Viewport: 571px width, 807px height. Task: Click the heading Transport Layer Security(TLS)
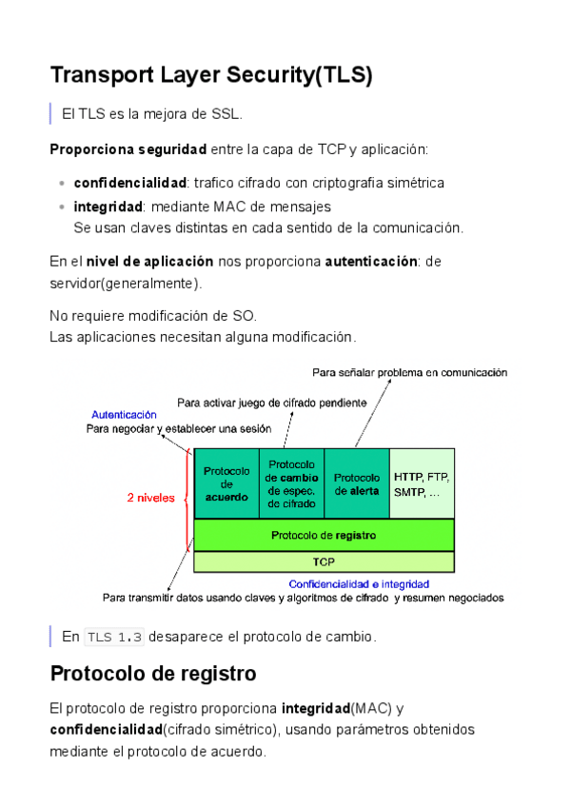coord(210,75)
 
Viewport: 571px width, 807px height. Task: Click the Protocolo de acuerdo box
coord(226,483)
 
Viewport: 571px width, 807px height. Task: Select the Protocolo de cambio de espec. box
coord(292,483)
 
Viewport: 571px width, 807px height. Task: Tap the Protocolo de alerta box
coord(358,483)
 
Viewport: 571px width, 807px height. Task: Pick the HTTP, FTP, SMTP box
coord(422,483)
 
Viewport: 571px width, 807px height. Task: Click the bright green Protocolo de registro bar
coord(324,535)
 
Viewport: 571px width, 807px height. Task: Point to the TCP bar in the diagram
coord(324,562)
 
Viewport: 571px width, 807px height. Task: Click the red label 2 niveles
coord(151,497)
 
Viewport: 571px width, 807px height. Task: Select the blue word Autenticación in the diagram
coord(124,415)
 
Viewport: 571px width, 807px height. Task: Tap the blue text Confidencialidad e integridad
coord(359,583)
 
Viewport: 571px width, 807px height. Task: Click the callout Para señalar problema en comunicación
coord(409,373)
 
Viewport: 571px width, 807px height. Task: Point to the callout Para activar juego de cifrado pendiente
coord(271,403)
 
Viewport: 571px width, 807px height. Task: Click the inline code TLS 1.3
coord(114,637)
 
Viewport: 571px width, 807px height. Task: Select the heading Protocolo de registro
coord(152,674)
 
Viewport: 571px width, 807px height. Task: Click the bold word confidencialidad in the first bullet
coord(129,182)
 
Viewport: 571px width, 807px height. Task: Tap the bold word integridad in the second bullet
coord(108,206)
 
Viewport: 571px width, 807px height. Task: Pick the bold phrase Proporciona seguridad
coord(128,149)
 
